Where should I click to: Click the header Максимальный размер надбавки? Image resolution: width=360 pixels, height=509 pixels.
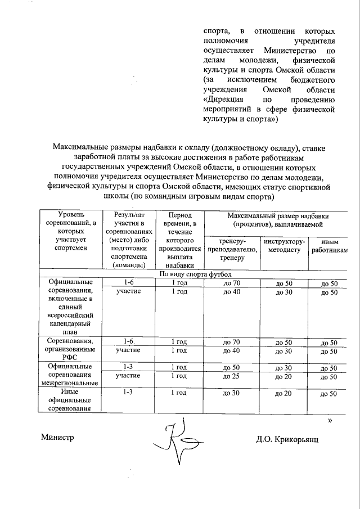[277, 219]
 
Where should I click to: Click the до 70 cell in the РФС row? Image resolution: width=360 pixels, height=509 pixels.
[232, 342]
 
